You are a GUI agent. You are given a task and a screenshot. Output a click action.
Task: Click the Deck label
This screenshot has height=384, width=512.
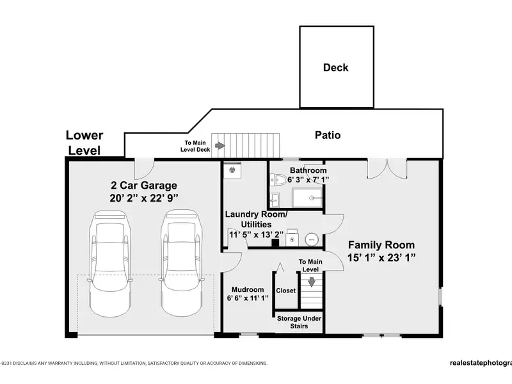[x=335, y=68]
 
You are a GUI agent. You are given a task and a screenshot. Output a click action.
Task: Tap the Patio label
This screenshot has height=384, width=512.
[x=328, y=135]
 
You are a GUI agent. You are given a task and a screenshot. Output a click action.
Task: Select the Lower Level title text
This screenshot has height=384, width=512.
[x=84, y=143]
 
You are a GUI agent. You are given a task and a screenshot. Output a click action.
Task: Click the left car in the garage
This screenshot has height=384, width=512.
[x=110, y=263]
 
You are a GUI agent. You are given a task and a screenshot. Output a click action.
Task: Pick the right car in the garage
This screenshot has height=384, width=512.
[x=182, y=263]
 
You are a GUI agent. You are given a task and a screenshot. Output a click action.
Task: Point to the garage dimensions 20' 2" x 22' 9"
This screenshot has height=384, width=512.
[x=144, y=198]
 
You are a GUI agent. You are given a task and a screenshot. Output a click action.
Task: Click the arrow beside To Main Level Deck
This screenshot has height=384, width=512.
[x=220, y=146]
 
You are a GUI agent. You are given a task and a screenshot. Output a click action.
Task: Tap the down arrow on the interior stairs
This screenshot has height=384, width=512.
[x=312, y=282]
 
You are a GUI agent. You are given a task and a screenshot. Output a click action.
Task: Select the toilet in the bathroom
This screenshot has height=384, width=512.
[x=278, y=179]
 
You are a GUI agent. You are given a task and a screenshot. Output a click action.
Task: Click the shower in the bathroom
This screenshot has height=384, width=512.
[x=307, y=198]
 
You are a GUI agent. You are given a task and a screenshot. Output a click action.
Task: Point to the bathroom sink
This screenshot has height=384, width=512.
[x=275, y=200]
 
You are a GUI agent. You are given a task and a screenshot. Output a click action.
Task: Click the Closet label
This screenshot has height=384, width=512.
[x=285, y=291]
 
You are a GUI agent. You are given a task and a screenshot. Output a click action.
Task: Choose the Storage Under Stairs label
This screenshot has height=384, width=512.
[x=299, y=323]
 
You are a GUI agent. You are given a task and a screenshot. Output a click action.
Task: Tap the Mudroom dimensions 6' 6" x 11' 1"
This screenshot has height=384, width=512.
[x=248, y=298]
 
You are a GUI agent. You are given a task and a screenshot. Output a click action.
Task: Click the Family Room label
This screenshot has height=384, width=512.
[x=381, y=245]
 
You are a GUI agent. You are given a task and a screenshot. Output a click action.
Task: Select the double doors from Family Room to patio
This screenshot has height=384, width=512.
[x=387, y=168]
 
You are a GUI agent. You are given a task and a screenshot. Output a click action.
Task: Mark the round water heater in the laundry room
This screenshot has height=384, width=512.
[x=312, y=239]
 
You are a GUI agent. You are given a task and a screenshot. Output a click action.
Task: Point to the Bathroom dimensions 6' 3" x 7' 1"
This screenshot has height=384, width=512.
[x=308, y=180]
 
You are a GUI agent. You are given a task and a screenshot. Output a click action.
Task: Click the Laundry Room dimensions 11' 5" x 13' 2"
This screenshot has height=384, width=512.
[x=257, y=234]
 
